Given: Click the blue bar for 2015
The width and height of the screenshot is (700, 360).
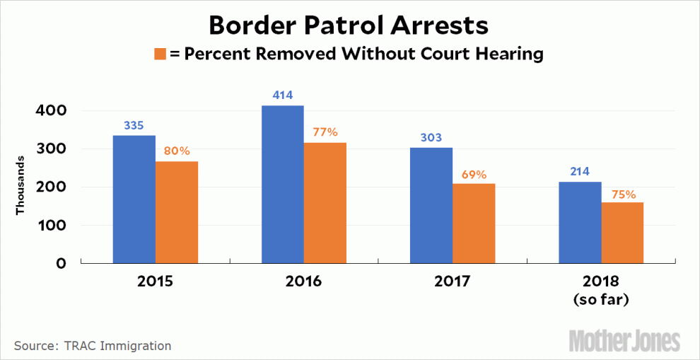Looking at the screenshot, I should coord(134,199).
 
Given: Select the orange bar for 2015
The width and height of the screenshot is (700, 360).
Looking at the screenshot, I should coord(177,211).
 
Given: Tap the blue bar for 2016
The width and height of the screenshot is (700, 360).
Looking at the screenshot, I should coord(282,184).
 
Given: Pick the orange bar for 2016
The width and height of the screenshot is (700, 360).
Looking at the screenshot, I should coord(325,202).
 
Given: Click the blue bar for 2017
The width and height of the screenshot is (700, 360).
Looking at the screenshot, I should coord(431,205).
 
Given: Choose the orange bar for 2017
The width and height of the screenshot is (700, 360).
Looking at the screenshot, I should coord(474,223).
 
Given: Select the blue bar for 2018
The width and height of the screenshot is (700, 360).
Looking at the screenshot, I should coord(580,222).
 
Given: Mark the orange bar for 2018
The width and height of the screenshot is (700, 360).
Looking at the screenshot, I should coord(622,233).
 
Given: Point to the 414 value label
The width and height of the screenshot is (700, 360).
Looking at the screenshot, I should coord(282,95).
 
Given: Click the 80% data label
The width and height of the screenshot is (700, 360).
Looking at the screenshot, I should coord(177,151).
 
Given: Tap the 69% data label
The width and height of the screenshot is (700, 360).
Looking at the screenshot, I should coord(474,174).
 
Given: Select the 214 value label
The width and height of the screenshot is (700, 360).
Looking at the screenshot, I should coord(580,171).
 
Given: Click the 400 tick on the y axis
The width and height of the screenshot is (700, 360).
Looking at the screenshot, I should coord(52,111).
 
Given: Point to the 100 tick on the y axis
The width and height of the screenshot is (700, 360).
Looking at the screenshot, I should coord(52,226).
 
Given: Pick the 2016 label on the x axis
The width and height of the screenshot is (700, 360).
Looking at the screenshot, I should coord(303,281).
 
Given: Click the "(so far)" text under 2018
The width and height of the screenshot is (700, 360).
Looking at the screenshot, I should coord(601,300).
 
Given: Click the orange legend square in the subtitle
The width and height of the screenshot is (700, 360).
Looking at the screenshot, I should coord(160,54).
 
